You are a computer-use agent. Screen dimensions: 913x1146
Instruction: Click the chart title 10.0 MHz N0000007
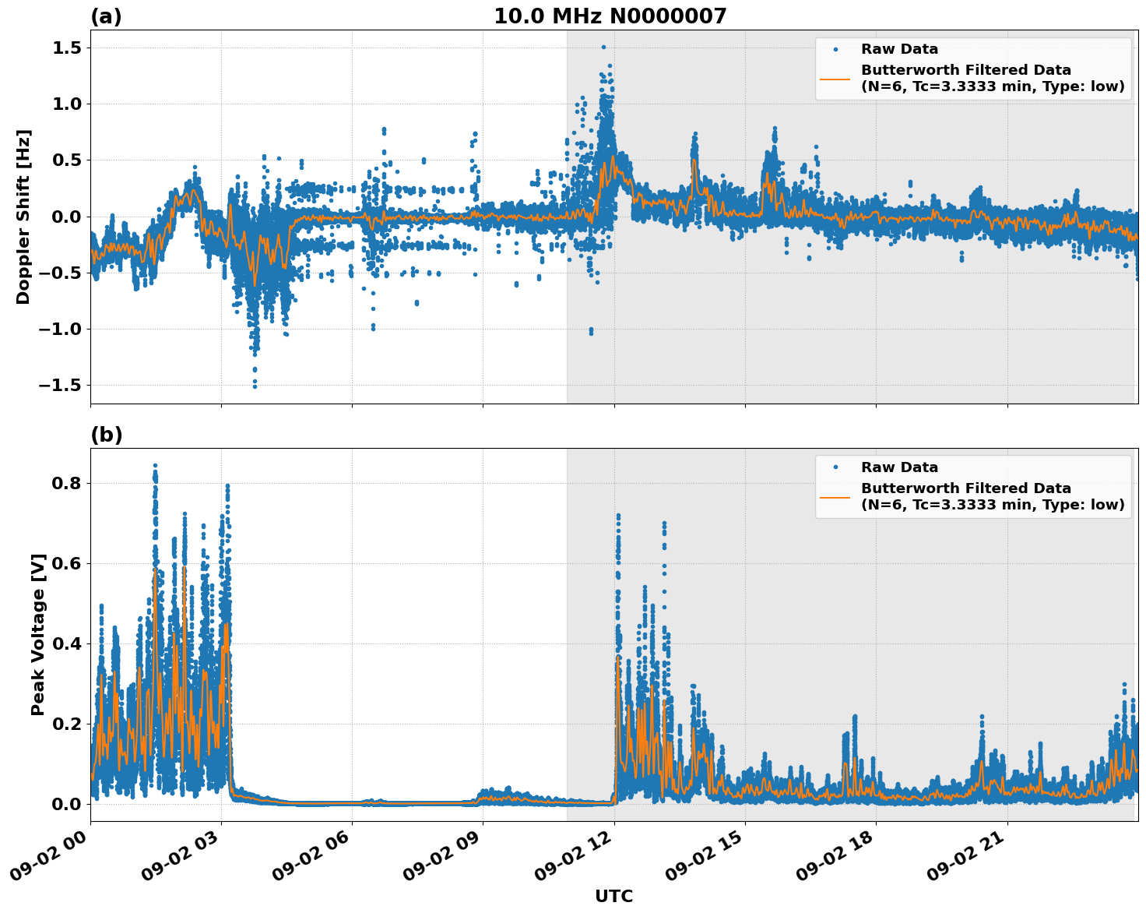[610, 16]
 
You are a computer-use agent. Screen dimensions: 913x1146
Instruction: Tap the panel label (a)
[106, 16]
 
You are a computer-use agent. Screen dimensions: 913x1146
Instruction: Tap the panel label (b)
[106, 435]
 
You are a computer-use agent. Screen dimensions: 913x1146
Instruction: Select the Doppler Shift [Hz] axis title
[23, 217]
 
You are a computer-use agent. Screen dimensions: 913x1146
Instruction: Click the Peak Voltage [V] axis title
[38, 634]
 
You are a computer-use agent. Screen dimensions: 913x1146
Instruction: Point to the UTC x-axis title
[613, 896]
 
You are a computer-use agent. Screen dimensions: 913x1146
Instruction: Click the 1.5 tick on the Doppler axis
[69, 48]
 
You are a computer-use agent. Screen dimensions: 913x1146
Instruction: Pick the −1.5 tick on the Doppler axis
[62, 386]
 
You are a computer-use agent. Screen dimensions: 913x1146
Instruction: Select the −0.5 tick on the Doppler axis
[62, 273]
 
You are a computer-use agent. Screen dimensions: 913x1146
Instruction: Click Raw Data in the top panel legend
[899, 49]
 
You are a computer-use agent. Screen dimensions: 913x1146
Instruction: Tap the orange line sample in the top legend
[835, 79]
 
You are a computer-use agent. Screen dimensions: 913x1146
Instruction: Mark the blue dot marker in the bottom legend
[835, 467]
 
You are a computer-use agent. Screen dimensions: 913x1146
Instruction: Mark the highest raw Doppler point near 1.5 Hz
[603, 48]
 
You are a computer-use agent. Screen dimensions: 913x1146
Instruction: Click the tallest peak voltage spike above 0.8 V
[155, 466]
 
